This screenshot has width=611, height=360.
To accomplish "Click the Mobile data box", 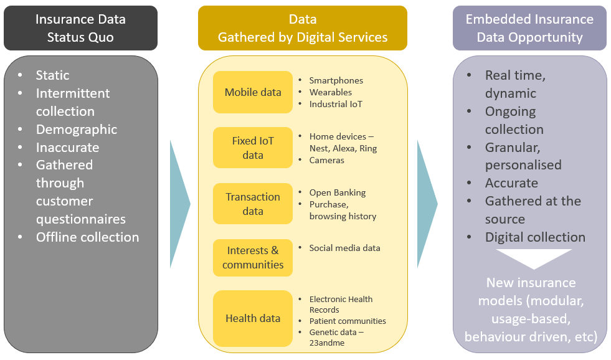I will tap(252, 92).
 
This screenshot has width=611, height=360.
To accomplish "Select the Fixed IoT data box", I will tap(252, 148).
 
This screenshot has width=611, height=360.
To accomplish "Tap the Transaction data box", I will tap(252, 204).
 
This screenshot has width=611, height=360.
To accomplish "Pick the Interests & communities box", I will tap(252, 257).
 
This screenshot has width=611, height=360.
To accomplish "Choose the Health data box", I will tap(252, 318).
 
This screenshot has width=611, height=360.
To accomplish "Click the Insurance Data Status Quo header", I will tap(80, 28).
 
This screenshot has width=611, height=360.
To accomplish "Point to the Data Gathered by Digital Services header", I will tap(303, 28).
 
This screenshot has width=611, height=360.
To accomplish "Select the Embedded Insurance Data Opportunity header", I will tap(529, 28).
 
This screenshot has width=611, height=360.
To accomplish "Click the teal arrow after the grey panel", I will tap(179, 204).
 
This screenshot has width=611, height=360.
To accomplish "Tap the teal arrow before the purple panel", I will tap(427, 204).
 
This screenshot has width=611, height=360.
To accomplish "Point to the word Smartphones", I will tap(336, 80).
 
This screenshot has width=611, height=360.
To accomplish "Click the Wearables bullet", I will tap(331, 92).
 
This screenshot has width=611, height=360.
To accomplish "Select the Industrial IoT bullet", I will tap(336, 104).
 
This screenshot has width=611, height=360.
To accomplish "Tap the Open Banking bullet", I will tap(338, 192).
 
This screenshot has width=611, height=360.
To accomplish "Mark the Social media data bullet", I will tap(344, 248).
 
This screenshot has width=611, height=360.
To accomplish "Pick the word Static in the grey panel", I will tap(53, 75).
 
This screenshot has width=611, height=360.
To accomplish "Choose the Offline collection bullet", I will tap(87, 237).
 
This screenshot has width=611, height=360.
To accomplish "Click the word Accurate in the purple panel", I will tap(511, 183).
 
